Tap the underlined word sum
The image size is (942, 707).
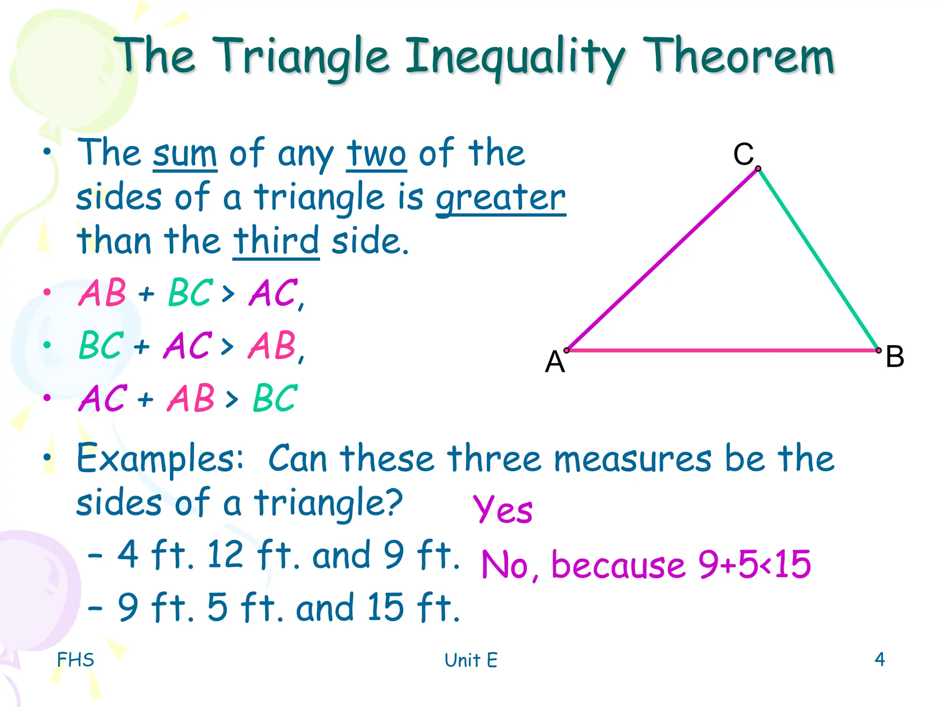[185, 154]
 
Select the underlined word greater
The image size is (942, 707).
[500, 198]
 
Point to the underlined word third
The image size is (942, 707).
[276, 241]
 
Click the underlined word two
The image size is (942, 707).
[376, 154]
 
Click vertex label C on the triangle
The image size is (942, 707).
[743, 154]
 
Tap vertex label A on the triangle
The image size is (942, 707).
[555, 362]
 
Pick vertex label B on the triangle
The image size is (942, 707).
[895, 356]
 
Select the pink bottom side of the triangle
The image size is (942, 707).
[722, 351]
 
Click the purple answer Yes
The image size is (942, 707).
[503, 510]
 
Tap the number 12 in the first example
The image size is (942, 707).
[225, 554]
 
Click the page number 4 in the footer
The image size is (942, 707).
[879, 659]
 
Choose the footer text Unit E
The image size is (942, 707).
[471, 660]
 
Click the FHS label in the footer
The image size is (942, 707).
[75, 660]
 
